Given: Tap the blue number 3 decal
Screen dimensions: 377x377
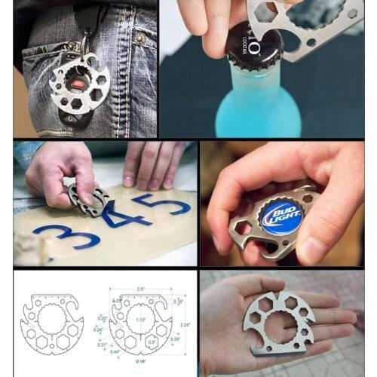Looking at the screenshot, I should pyautogui.click(x=61, y=237).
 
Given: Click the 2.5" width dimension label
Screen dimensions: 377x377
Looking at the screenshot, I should pyautogui.click(x=140, y=289).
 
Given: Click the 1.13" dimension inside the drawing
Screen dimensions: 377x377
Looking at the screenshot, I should pyautogui.click(x=140, y=319).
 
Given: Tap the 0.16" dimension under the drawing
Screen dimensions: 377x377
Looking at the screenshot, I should pyautogui.click(x=142, y=362).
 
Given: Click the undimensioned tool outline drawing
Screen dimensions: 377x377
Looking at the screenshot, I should pyautogui.click(x=52, y=324).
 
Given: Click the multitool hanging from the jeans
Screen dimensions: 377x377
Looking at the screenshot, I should pyautogui.click(x=78, y=83).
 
